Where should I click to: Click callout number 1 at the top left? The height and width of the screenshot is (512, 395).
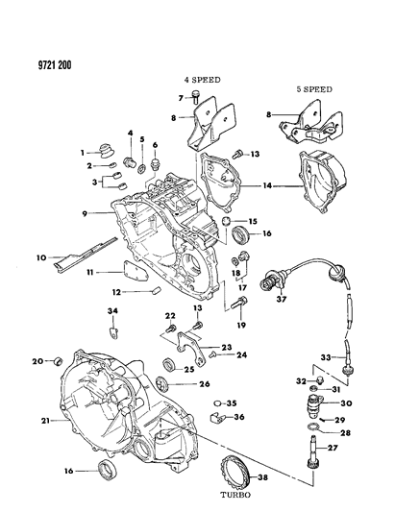point(84,150)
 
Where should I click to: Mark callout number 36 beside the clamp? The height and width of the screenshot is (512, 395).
point(240,417)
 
